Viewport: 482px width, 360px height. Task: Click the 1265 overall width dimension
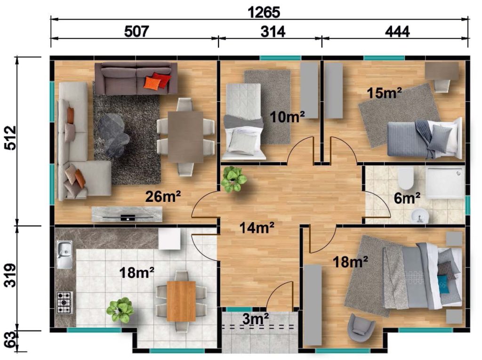[x=264, y=12]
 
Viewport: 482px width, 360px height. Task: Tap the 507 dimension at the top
[x=137, y=32]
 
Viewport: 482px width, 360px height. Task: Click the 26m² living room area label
[x=162, y=196]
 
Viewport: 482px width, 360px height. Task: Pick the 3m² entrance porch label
[x=256, y=319]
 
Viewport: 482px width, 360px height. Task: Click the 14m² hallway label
[x=257, y=228]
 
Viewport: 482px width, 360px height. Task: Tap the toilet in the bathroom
[x=405, y=180]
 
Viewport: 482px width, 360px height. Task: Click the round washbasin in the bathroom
[x=420, y=216]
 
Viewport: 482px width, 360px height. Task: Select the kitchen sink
[x=64, y=254]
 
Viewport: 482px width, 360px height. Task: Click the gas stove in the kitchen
[x=64, y=303]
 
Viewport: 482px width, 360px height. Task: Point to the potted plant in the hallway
[x=233, y=179]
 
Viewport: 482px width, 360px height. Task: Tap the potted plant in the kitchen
[x=120, y=310]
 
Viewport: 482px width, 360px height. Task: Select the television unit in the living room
[x=127, y=214]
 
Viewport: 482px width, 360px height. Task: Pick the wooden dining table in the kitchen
[x=181, y=301]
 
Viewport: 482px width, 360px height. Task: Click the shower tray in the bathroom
[x=444, y=182]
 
